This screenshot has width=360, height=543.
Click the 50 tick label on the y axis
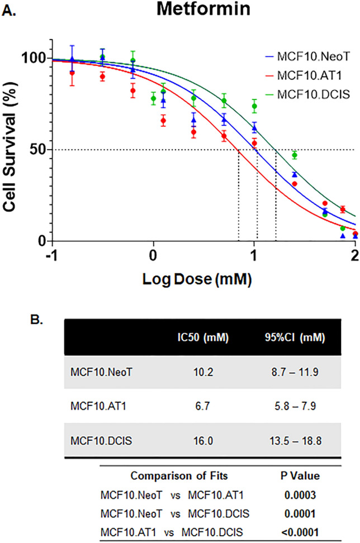[x=38, y=150]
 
